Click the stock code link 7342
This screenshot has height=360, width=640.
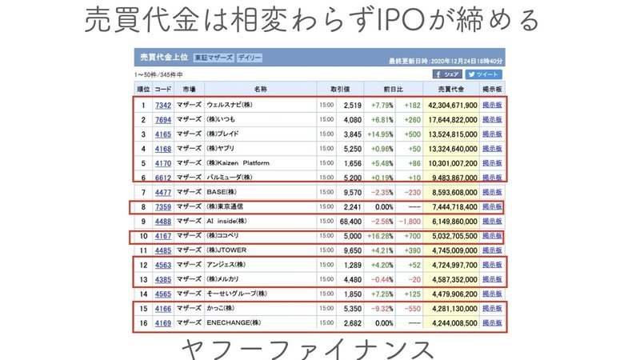point(162,105)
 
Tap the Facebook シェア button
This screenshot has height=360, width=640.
point(448,74)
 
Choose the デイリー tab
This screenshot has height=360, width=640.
point(249,58)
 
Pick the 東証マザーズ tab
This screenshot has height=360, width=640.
point(212,58)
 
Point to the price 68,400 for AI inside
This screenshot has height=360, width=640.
point(351,221)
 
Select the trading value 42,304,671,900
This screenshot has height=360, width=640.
point(442,105)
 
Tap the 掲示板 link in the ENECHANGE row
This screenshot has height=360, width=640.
point(492,323)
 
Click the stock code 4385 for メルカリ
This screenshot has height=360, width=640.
point(162,279)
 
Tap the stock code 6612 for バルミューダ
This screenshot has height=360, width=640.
point(162,178)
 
